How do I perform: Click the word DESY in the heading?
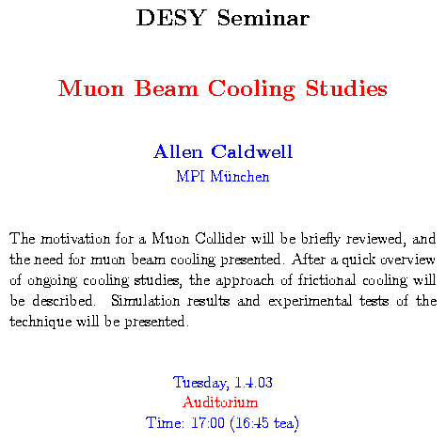tap(171, 18)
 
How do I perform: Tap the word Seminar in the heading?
tap(263, 18)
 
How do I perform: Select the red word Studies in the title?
tap(346, 88)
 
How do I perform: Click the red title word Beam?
tap(167, 88)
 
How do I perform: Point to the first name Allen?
tap(178, 151)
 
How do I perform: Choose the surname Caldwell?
tap(252, 151)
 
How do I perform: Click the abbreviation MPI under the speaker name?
tap(190, 176)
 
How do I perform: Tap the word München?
tap(240, 176)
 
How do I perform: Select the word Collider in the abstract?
tap(220, 239)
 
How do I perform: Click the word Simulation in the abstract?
tap(145, 301)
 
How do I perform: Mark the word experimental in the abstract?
tap(310, 302)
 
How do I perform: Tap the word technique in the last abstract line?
tap(40, 323)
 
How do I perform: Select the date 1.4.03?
tap(253, 383)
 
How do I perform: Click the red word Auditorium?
tap(220, 403)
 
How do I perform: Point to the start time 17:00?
tap(208, 422)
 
